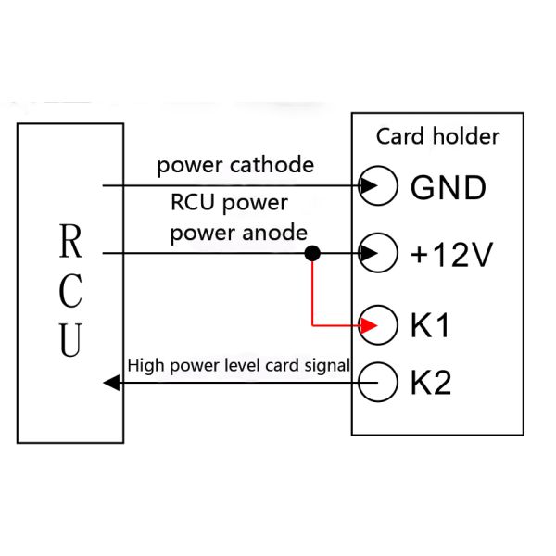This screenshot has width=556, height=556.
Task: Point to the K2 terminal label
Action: coord(430,382)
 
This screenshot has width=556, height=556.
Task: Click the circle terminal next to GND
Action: coord(378,186)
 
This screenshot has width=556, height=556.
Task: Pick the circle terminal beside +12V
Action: coord(378,252)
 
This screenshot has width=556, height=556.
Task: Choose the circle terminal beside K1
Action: coord(378,326)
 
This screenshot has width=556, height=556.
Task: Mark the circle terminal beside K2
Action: coord(378,382)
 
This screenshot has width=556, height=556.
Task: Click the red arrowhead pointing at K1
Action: coord(369,326)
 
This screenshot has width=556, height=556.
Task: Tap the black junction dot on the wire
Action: coord(313,253)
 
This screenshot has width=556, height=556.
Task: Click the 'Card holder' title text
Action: coord(437,137)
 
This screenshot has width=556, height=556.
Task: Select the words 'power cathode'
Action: coord(234,166)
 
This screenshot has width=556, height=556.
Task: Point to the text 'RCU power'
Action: coord(229,202)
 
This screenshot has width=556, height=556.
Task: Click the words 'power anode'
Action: coord(238,233)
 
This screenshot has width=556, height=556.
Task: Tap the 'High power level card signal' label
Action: coord(239,365)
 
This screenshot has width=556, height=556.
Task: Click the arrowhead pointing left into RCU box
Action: coord(111,382)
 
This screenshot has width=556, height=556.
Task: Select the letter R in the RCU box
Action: coord(70,242)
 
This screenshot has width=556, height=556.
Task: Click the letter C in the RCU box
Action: coord(70,291)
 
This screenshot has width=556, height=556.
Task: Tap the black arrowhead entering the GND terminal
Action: coord(368,186)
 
